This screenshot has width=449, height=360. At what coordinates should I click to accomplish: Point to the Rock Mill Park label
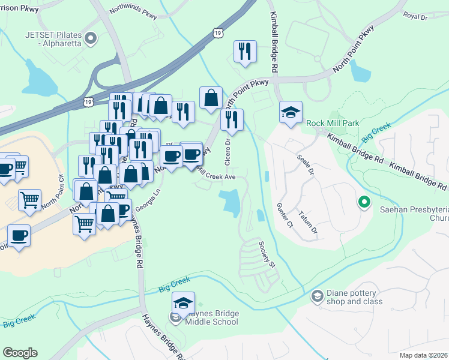coord(333,123)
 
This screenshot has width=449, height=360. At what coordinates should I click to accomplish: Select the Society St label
coord(267,254)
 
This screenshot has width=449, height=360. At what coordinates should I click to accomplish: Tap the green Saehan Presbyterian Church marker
coord(363,202)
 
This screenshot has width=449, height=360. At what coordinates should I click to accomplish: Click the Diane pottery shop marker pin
coord(317,296)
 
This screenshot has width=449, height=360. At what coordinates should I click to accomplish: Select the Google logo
coord(20,353)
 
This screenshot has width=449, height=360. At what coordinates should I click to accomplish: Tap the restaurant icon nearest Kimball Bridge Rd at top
coord(244,52)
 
